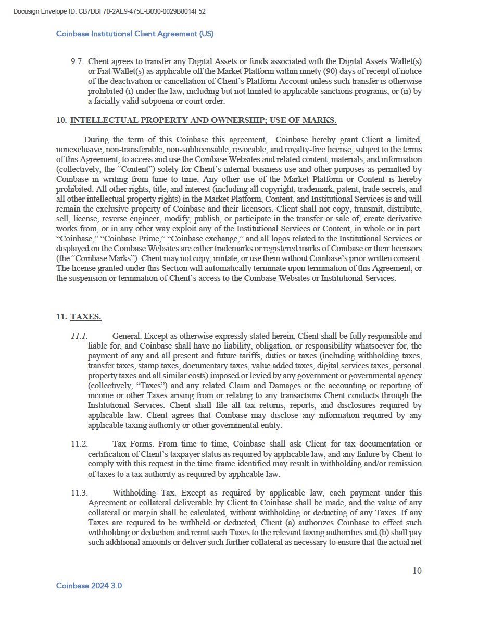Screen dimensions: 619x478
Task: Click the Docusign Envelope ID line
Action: (x=109, y=11)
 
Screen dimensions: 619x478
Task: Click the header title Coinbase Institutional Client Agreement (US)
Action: (x=135, y=34)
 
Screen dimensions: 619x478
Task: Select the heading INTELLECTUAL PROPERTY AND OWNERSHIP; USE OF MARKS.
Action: (x=203, y=120)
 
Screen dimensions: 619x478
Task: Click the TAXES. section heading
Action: (x=86, y=316)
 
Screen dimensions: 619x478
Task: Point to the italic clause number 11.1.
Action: (x=79, y=336)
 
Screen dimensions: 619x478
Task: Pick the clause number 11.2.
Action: (x=79, y=444)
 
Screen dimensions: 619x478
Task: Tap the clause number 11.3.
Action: (x=79, y=492)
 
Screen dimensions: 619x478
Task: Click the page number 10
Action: (x=417, y=571)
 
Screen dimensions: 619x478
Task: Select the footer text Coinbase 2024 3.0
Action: (x=89, y=586)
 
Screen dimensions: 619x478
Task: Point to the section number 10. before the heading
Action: (x=61, y=120)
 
